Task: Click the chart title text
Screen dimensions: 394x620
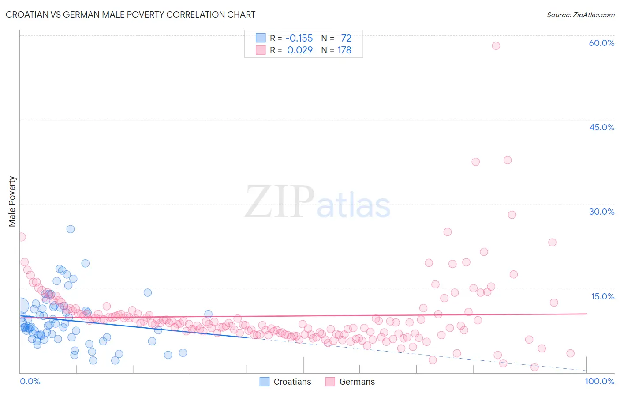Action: tap(131, 15)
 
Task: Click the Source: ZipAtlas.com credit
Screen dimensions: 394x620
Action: tap(580, 15)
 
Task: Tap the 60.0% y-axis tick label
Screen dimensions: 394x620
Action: tap(601, 43)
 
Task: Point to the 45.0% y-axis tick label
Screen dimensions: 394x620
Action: tap(601, 127)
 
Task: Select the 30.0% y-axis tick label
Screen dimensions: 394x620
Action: tap(601, 212)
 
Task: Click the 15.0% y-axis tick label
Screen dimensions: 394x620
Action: tap(602, 296)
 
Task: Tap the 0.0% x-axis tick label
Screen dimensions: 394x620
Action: tap(30, 381)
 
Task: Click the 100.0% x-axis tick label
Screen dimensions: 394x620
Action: tap(599, 381)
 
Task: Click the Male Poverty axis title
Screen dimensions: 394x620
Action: tap(12, 201)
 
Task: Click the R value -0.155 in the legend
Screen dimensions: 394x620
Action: tap(299, 38)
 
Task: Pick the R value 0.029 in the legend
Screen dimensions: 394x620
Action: tap(300, 50)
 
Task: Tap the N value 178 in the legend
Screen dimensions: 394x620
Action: tap(344, 50)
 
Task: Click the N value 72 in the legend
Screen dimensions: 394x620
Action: tap(346, 38)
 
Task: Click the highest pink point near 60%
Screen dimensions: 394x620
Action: tap(496, 46)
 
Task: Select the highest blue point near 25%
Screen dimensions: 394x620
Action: tap(71, 229)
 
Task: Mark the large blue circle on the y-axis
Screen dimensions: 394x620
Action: tap(21, 306)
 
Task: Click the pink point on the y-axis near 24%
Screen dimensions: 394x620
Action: tap(21, 237)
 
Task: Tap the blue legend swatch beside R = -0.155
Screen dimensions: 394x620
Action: tap(261, 38)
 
